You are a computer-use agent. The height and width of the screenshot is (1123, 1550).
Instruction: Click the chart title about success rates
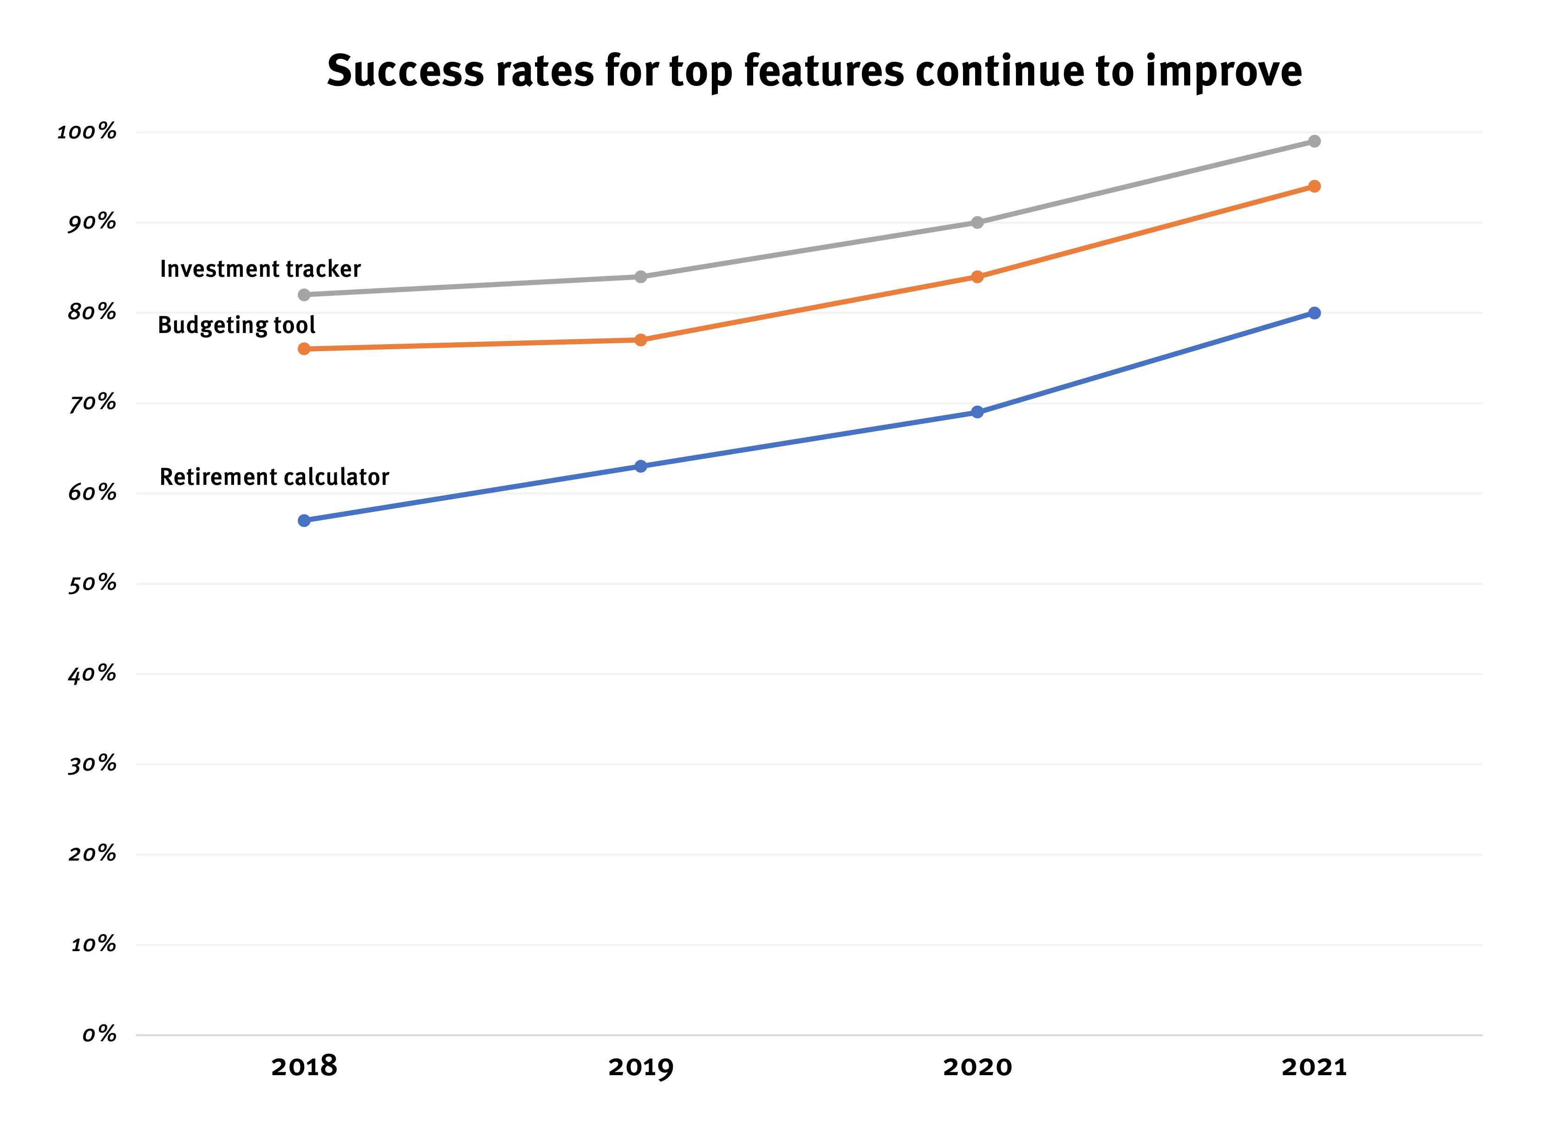click(814, 71)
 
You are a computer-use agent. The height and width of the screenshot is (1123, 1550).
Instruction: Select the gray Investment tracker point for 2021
click(1314, 142)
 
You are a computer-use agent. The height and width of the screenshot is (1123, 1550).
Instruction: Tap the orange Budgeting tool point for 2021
click(1314, 187)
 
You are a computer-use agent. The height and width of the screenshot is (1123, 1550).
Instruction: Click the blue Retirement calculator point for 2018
click(304, 521)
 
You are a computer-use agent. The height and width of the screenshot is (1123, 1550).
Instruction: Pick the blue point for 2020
click(977, 412)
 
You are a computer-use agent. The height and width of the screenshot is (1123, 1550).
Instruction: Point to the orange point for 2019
click(640, 340)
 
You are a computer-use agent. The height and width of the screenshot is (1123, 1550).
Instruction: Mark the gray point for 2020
click(977, 222)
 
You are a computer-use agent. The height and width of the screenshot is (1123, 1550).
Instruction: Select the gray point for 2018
click(304, 294)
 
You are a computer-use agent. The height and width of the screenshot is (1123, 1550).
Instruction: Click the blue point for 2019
click(640, 466)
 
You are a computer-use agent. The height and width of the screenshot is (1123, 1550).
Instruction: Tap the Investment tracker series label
click(260, 269)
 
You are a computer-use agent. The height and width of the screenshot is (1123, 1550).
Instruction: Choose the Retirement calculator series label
click(274, 477)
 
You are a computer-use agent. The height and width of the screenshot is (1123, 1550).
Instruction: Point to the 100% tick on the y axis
click(87, 131)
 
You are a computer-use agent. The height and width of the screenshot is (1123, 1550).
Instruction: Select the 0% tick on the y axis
click(99, 1034)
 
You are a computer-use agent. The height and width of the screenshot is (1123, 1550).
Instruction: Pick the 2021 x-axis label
click(1314, 1066)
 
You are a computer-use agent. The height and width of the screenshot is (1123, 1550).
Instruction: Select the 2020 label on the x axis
click(977, 1066)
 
